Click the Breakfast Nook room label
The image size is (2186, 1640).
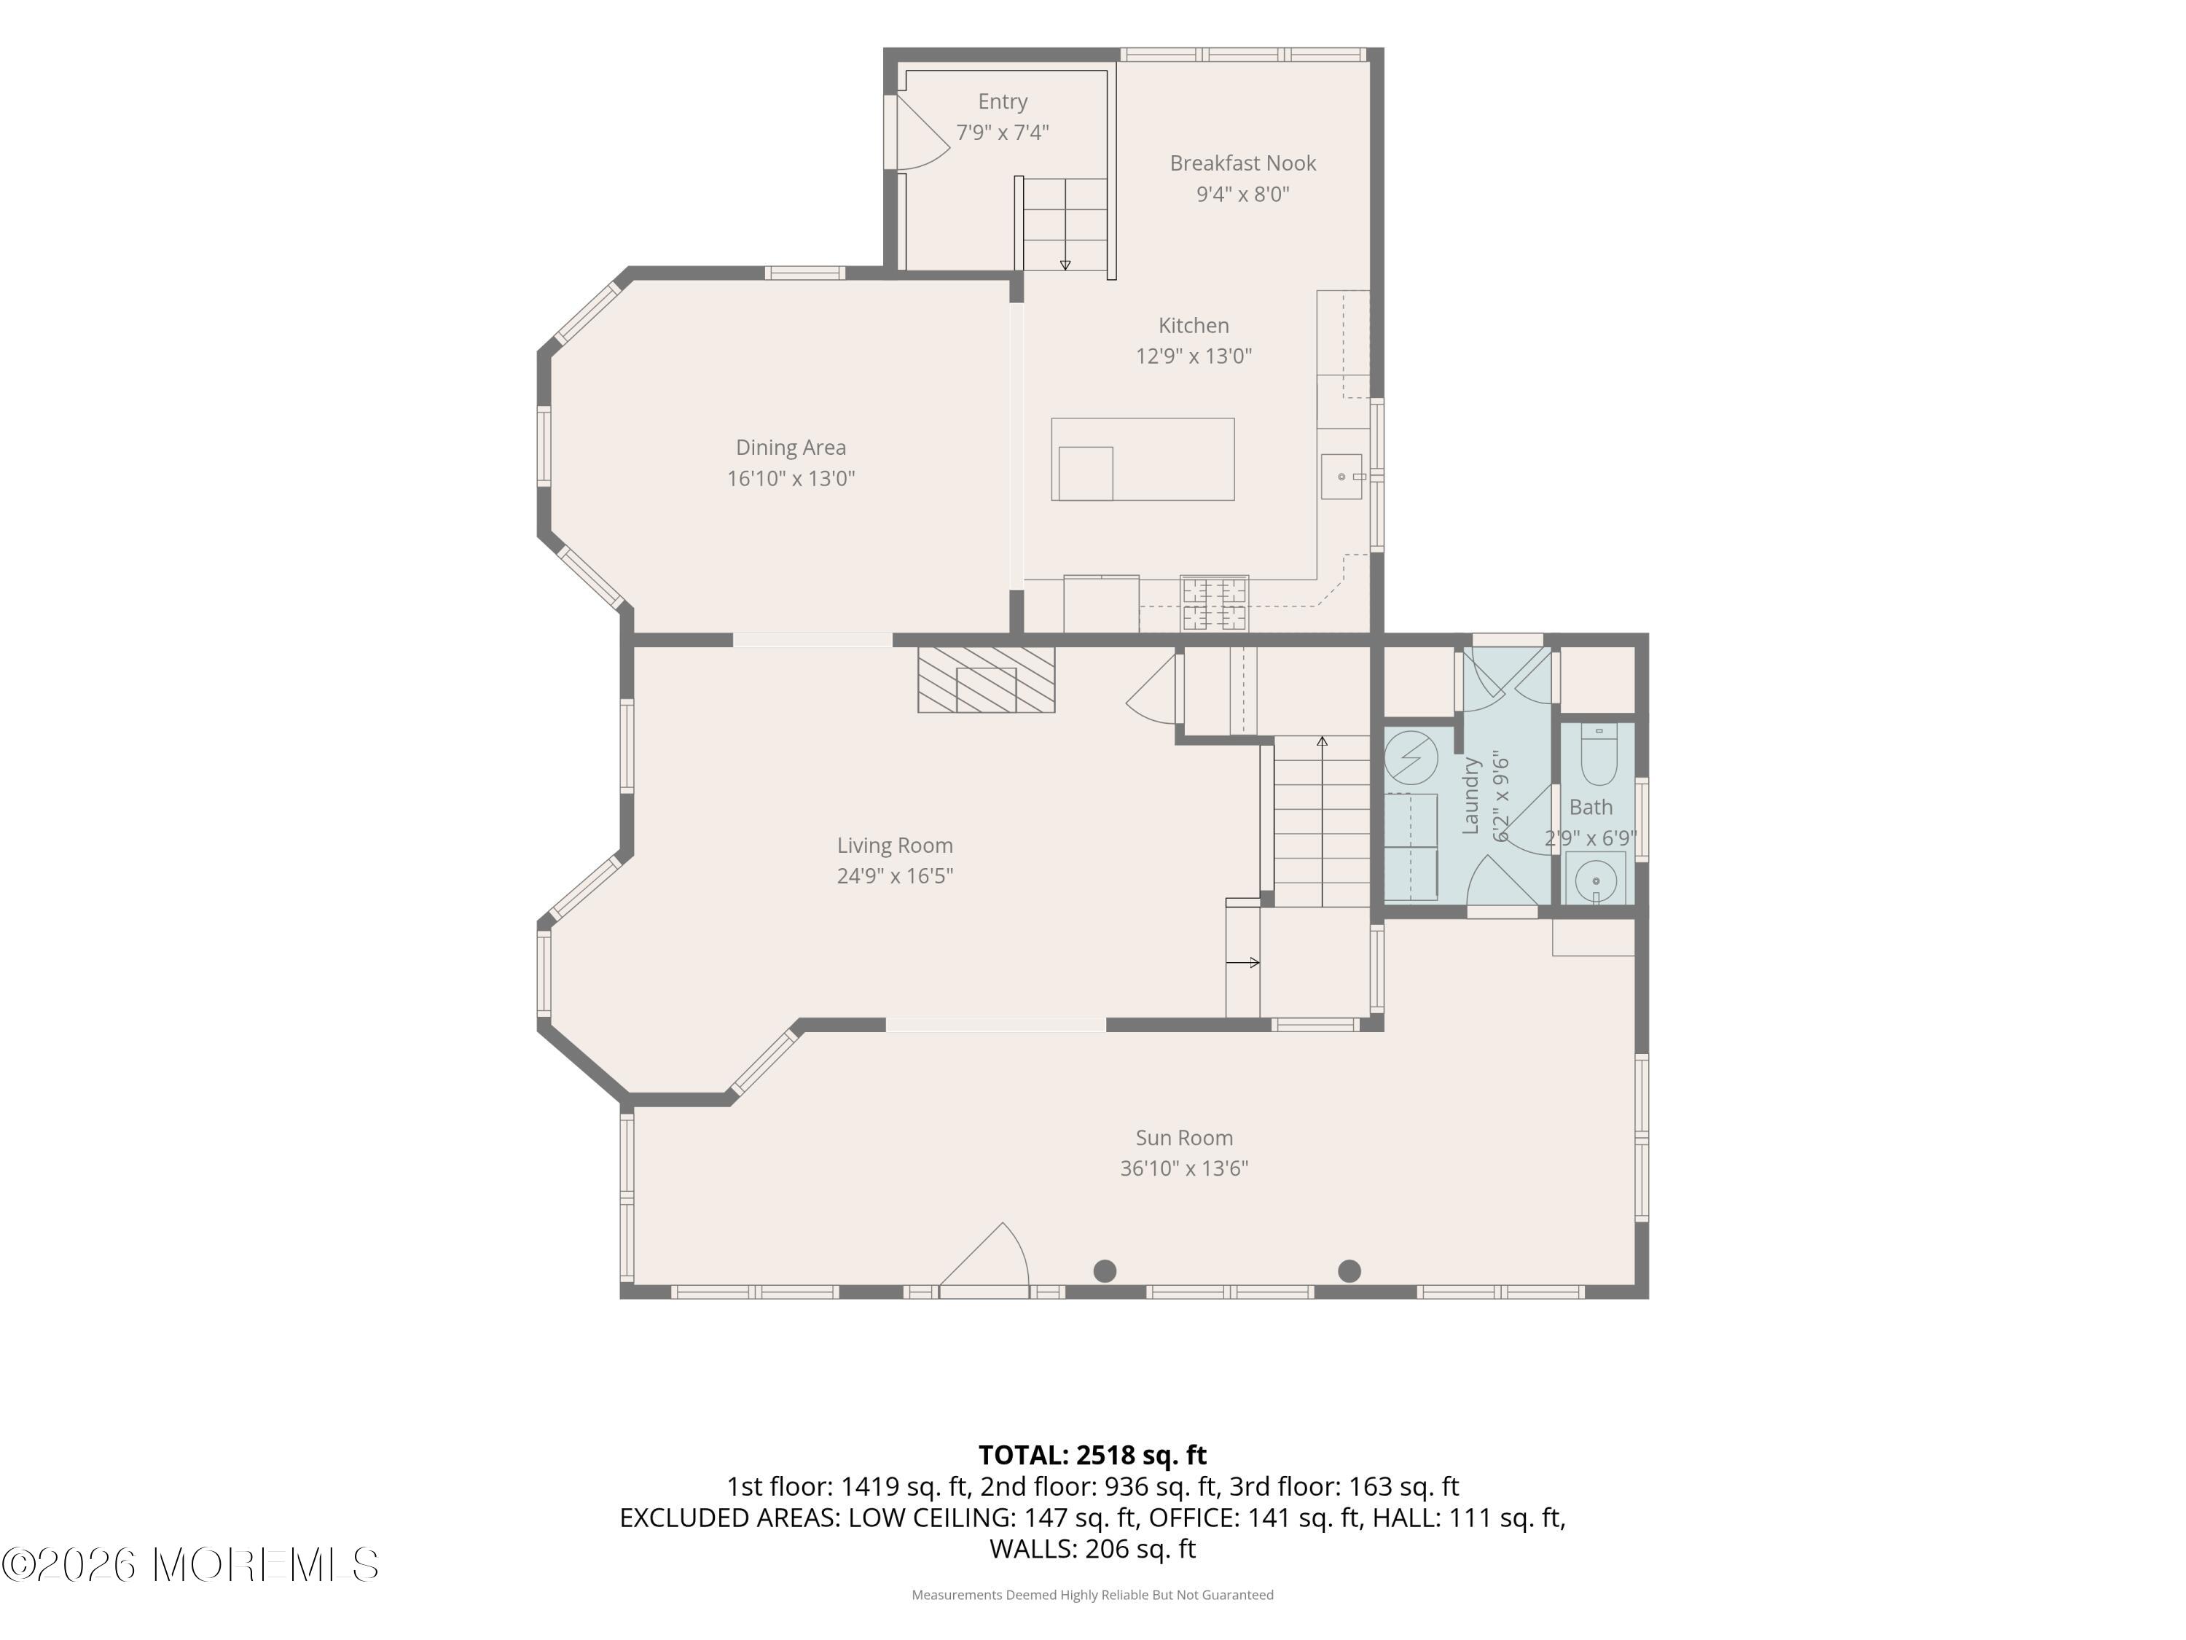point(1242,163)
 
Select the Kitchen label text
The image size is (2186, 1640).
point(1194,325)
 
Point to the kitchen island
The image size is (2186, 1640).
point(1143,458)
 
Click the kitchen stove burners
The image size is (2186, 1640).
point(1215,603)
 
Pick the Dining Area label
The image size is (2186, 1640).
point(791,448)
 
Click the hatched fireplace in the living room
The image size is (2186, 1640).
point(987,679)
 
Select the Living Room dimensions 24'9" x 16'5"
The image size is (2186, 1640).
point(896,876)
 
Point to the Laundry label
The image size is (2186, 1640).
point(1470,796)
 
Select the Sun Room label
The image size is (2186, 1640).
point(1184,1138)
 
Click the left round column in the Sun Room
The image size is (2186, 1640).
point(1105,1271)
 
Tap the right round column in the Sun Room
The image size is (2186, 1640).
point(1349,1271)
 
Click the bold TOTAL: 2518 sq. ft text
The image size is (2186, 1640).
point(1092,1455)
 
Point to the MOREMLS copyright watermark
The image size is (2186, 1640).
point(189,1565)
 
